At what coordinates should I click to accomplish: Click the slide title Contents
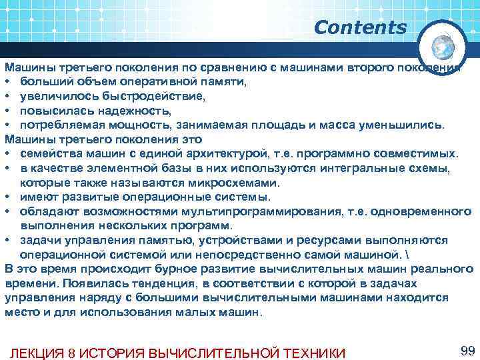(x=359, y=27)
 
